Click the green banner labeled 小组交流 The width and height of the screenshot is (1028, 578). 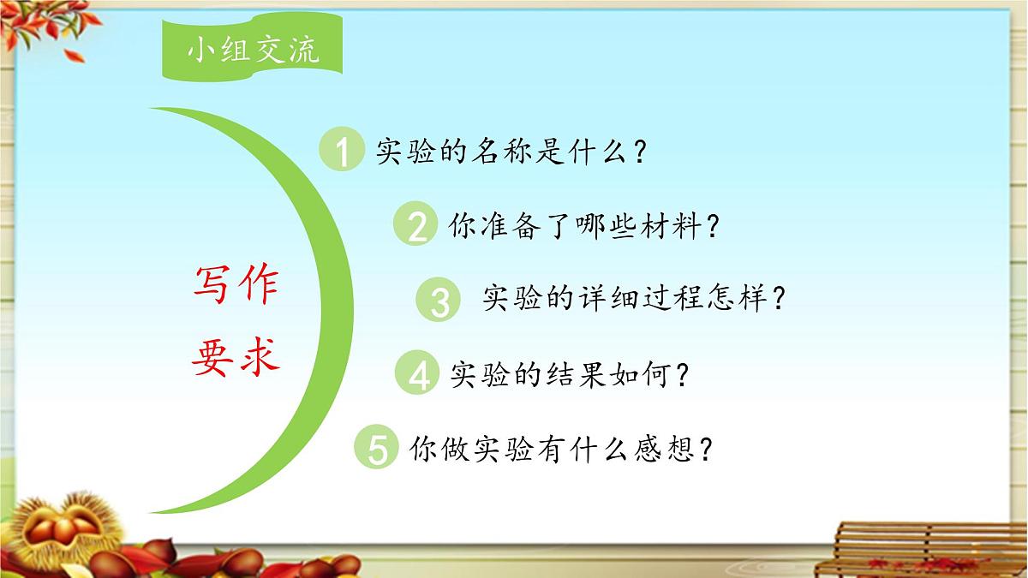(x=254, y=51)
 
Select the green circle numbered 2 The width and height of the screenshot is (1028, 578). (x=416, y=226)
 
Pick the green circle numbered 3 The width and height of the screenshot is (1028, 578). (x=439, y=301)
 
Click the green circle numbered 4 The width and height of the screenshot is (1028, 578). (x=418, y=375)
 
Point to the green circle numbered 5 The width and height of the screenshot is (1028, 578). (x=377, y=449)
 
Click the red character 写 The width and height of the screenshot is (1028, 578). (x=211, y=285)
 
